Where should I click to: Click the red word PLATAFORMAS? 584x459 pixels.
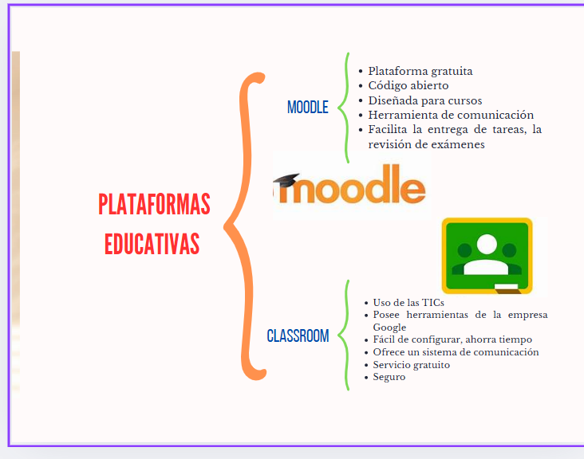pos(154,204)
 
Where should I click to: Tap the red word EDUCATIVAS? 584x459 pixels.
pos(152,244)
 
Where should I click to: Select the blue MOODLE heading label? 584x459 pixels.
pos(308,107)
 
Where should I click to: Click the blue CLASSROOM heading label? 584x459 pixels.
pos(298,335)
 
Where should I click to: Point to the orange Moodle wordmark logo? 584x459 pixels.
pos(350,185)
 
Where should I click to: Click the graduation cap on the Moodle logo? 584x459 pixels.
pos(286,179)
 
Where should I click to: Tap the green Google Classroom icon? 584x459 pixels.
pos(487,256)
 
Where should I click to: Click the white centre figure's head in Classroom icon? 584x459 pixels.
pos(487,244)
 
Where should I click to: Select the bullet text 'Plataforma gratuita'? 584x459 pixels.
pos(420,71)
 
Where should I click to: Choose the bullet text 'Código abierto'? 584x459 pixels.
pos(408,85)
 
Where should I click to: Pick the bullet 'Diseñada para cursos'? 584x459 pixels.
pos(425,100)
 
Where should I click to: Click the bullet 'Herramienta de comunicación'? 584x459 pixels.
pos(451,115)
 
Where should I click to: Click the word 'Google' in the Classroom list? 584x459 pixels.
pos(389,328)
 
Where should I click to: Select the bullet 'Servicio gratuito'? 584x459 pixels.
pos(411,364)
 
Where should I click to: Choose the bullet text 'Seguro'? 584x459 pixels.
pos(389,377)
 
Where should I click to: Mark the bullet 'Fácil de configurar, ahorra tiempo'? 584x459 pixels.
pos(452,339)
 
